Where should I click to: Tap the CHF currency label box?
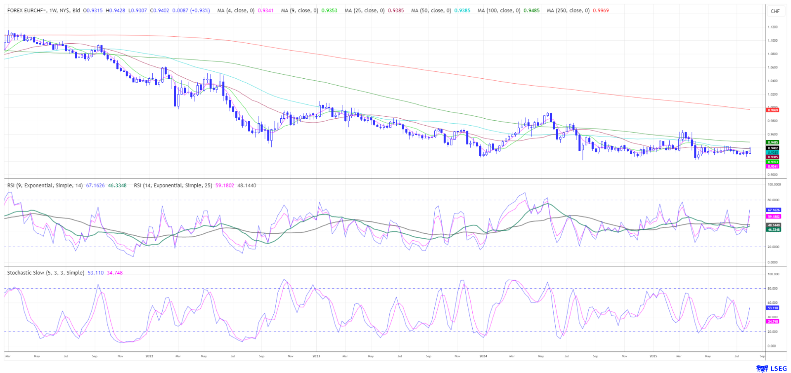(775, 11)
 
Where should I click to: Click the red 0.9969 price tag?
(773, 110)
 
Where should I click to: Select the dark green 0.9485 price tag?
(773, 142)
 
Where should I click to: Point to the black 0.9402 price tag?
(773, 148)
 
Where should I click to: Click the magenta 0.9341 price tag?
(773, 167)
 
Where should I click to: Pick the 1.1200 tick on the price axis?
(772, 27)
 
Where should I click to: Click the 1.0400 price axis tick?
(772, 81)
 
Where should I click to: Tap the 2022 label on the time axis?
(149, 356)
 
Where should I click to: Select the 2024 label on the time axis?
(483, 356)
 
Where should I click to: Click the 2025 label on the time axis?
(653, 356)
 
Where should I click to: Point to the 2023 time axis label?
(316, 356)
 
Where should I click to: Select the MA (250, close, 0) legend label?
(568, 11)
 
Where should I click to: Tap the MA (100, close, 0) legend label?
(499, 11)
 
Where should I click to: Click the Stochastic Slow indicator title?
(45, 273)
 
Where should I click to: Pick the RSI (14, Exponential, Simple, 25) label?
(173, 185)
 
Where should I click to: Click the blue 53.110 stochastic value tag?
(773, 308)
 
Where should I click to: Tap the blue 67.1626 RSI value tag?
(774, 210)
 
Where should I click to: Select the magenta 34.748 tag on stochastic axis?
(773, 321)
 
